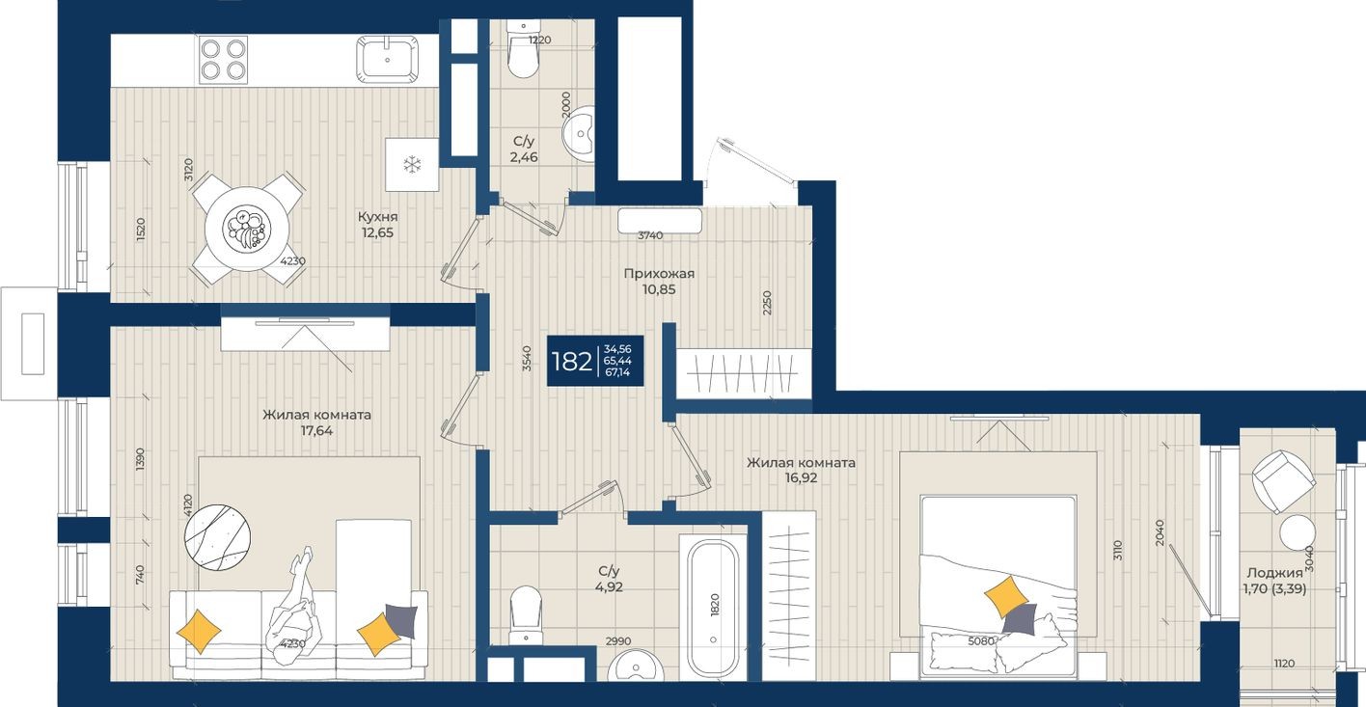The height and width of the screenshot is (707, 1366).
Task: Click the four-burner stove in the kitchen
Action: (x=223, y=59)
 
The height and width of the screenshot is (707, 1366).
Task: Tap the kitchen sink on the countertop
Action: (x=387, y=59)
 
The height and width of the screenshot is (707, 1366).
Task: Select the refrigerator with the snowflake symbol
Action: (x=412, y=165)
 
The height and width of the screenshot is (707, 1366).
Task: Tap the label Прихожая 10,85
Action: (x=660, y=281)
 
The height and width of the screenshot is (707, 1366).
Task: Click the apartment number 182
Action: (x=571, y=362)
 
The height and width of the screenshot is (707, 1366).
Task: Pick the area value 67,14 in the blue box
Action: (x=617, y=373)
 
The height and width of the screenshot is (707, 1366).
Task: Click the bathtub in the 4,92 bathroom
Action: (x=713, y=608)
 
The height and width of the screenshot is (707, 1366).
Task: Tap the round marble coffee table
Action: (x=218, y=536)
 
